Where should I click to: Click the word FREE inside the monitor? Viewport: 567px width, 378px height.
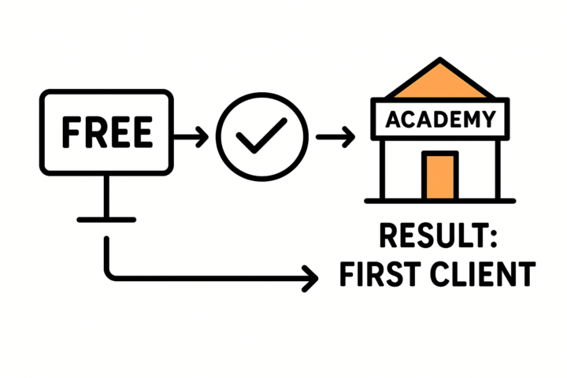coord(106,132)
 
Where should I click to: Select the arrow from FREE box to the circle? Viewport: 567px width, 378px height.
coord(191,138)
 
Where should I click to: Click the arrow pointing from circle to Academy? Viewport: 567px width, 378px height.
coord(335,138)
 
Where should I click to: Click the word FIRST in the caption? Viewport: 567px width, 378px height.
coord(374,275)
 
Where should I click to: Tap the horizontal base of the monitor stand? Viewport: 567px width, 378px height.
coord(106,219)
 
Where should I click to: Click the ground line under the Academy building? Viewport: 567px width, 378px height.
coord(439,200)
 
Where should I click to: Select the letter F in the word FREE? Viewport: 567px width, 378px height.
coord(69,132)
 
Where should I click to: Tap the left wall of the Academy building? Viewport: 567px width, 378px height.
coord(383,169)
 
